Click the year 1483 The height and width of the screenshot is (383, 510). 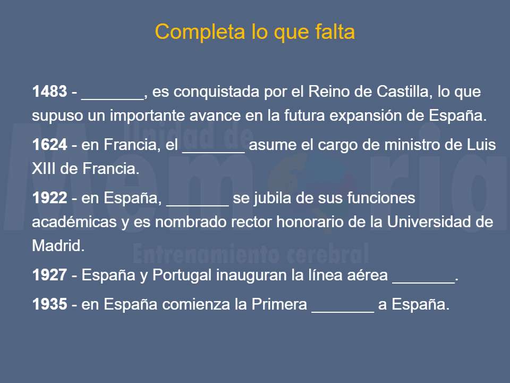pyautogui.click(x=49, y=92)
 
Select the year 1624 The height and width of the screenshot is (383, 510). pyautogui.click(x=49, y=145)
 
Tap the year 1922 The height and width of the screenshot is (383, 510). pyautogui.click(x=49, y=198)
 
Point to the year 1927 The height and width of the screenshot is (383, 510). pyautogui.click(x=49, y=276)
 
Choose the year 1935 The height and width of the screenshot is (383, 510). pyautogui.click(x=49, y=305)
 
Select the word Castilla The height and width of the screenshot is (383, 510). pyautogui.click(x=402, y=92)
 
